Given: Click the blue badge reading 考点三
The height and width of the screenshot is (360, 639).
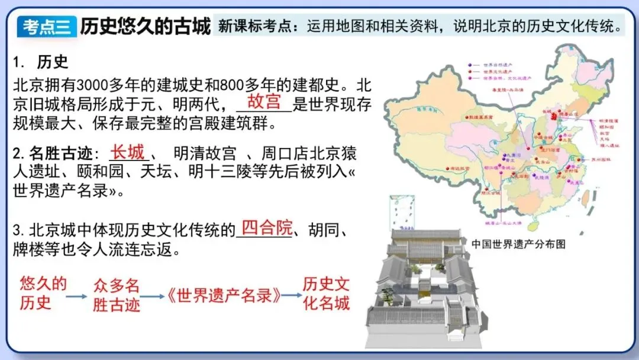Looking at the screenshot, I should (47, 27).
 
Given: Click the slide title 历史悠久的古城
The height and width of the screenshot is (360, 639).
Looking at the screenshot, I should (145, 26).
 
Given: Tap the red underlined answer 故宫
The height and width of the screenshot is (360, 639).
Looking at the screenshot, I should (264, 101).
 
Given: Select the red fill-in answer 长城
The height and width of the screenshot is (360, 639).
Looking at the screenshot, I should (128, 152).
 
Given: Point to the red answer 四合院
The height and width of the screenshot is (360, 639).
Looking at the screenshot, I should (267, 228).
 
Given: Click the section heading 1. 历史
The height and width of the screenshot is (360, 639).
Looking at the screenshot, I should (41, 61).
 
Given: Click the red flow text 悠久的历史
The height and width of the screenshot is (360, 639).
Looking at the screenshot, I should (43, 293).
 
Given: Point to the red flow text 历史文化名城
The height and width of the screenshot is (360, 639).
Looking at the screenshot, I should (326, 294).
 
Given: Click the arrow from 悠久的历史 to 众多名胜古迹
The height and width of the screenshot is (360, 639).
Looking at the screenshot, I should (76, 295).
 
